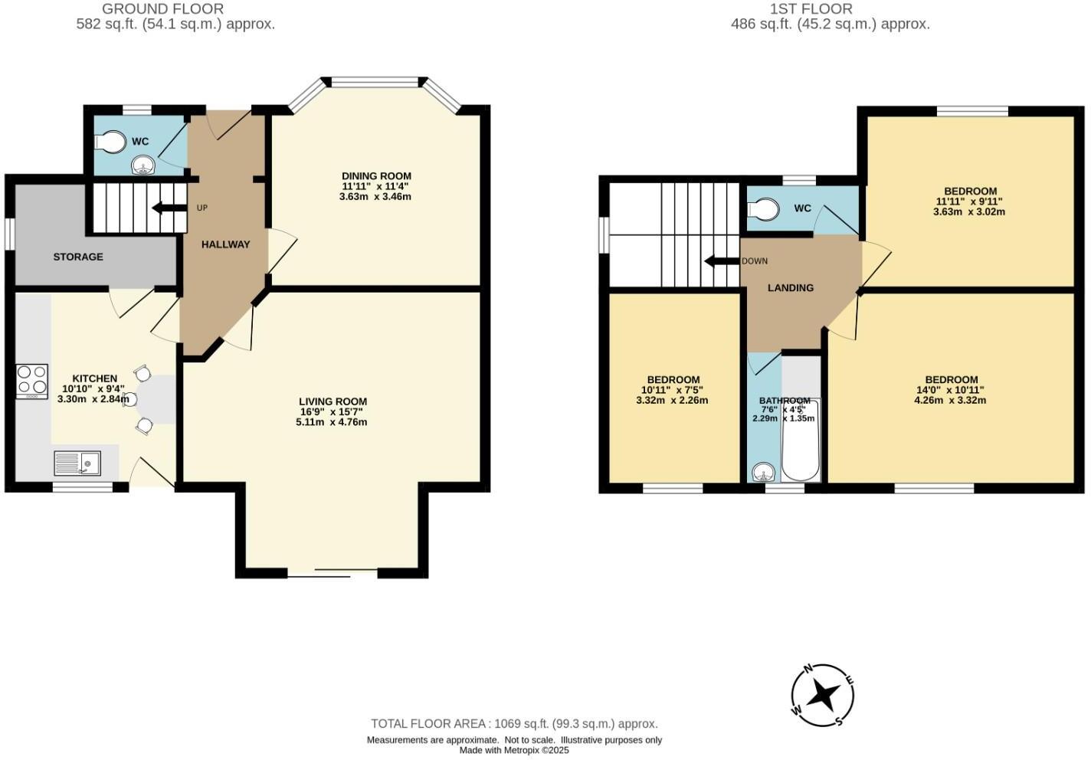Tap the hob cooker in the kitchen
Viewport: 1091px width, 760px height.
(x=32, y=380)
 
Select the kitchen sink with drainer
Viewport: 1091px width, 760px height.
(x=77, y=463)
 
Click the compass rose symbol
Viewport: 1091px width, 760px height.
(x=822, y=696)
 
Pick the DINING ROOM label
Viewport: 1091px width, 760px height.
(x=376, y=176)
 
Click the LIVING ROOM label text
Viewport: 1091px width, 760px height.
(x=333, y=401)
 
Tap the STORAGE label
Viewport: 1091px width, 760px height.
(x=78, y=257)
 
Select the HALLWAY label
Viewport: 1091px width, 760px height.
(x=225, y=244)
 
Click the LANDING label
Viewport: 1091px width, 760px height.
(x=791, y=288)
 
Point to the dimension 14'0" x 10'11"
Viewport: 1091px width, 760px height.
(x=951, y=390)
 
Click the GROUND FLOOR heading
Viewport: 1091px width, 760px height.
(x=162, y=9)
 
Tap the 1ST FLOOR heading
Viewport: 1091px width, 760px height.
(x=811, y=9)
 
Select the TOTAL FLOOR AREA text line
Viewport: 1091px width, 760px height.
(x=514, y=723)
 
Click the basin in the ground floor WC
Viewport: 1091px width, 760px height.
(x=142, y=164)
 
